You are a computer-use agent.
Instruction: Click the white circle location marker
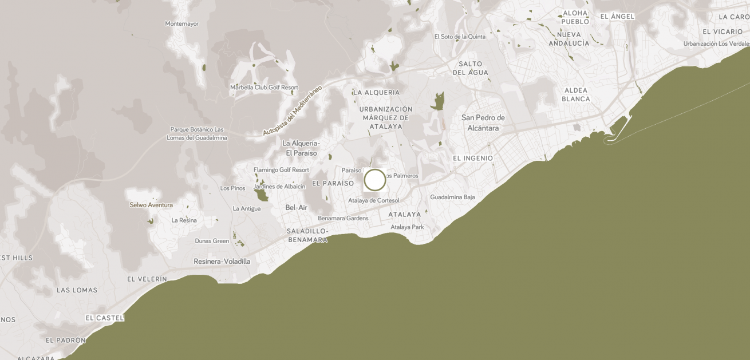click(375, 180)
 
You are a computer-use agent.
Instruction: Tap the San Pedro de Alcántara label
click(483, 122)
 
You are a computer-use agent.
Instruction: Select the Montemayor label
click(181, 23)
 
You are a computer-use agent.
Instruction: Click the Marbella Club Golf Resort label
click(264, 88)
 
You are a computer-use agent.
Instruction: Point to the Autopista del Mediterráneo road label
click(293, 110)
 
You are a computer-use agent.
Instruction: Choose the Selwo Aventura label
click(151, 205)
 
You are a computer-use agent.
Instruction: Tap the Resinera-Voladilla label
click(222, 262)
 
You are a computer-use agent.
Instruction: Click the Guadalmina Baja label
click(452, 197)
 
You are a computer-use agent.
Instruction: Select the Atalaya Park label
click(407, 227)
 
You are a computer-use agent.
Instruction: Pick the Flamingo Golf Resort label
click(281, 170)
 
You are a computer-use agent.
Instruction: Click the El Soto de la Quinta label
click(460, 37)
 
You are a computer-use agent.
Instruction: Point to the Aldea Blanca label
click(576, 94)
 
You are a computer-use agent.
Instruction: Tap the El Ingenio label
click(472, 158)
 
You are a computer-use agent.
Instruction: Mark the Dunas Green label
click(212, 241)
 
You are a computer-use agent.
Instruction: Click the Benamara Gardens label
click(343, 218)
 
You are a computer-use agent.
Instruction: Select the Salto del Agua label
click(471, 68)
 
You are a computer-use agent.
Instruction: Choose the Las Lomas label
click(77, 290)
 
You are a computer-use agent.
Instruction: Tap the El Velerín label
click(147, 279)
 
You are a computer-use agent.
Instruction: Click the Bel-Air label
click(297, 207)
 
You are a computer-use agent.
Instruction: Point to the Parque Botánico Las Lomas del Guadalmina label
click(196, 133)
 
